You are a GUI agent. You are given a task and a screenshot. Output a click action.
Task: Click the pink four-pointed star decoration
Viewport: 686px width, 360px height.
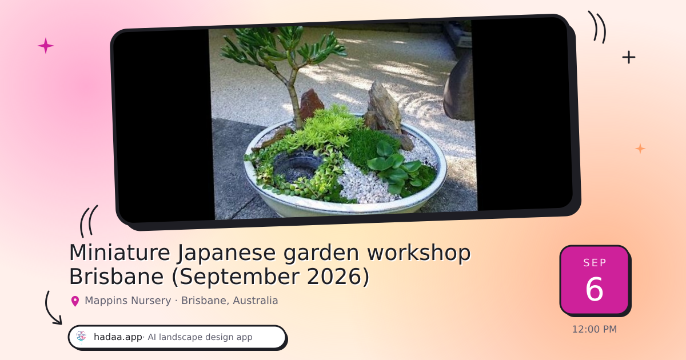tap(46, 46)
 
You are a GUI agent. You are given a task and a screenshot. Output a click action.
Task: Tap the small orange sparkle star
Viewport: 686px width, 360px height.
tap(640, 149)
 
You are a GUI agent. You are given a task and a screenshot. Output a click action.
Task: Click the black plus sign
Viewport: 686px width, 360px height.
tap(629, 57)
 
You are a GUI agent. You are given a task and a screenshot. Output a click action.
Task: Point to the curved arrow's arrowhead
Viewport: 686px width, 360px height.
tap(58, 320)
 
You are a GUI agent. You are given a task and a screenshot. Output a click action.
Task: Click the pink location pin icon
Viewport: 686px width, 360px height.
tap(75, 301)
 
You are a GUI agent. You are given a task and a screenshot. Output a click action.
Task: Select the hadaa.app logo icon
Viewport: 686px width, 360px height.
tap(81, 337)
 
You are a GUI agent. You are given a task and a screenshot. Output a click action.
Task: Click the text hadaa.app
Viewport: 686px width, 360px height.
tap(118, 337)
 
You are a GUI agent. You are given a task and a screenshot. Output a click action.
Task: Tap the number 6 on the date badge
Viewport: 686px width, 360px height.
tap(595, 289)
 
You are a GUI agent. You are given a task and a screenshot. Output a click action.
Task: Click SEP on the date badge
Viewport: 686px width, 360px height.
tap(595, 263)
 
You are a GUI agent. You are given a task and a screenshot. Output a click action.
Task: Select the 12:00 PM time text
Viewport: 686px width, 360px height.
tap(595, 329)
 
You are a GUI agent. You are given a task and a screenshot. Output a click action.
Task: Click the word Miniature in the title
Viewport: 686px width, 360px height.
tap(119, 253)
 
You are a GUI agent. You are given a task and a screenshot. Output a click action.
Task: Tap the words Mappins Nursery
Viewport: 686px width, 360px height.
tap(127, 301)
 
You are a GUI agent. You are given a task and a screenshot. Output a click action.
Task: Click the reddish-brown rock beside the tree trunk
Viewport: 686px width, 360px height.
tap(311, 103)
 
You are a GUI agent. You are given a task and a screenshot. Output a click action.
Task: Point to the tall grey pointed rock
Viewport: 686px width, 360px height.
tap(384, 108)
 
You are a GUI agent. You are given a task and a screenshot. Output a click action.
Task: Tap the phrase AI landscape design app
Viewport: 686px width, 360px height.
tap(200, 337)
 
